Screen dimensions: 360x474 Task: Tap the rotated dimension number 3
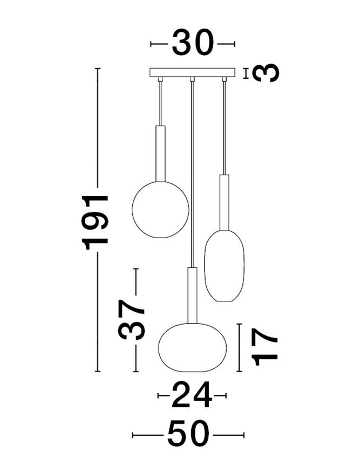(x=266, y=73)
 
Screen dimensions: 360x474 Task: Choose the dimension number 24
(x=192, y=395)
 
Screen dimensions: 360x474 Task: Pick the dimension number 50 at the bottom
(x=188, y=435)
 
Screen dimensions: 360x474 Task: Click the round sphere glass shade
(x=160, y=209)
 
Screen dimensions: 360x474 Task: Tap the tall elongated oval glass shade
(x=224, y=266)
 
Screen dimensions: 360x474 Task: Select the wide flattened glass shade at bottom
(x=192, y=347)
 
